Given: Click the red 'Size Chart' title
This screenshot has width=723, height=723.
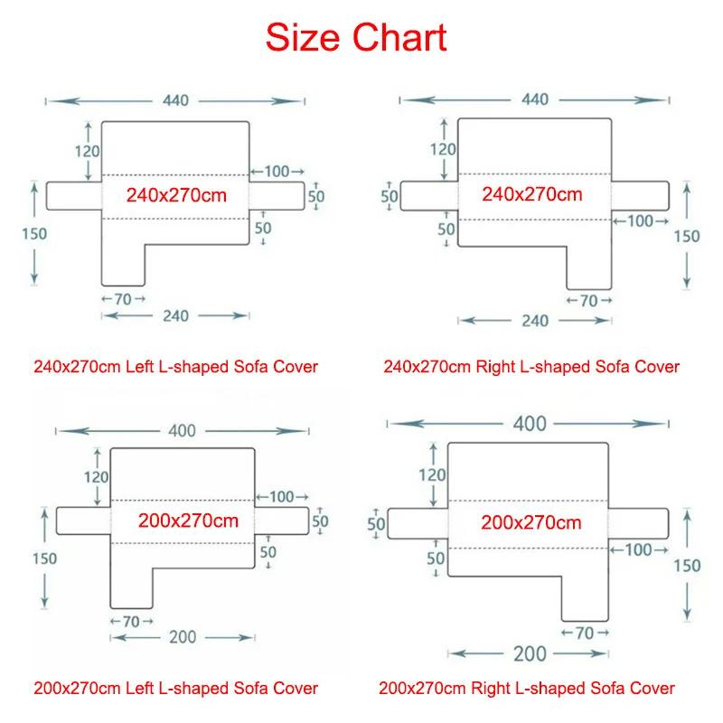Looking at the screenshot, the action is pyautogui.click(x=356, y=38).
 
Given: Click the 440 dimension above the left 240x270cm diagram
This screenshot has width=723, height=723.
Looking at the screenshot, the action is pyautogui.click(x=175, y=100).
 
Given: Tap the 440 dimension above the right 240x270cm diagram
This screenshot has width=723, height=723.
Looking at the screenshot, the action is pyautogui.click(x=535, y=99).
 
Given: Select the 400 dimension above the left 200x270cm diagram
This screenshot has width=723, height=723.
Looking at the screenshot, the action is pyautogui.click(x=183, y=431).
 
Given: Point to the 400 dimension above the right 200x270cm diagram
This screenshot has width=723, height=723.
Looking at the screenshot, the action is pyautogui.click(x=530, y=423).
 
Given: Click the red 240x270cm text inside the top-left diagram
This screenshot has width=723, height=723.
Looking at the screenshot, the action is pyautogui.click(x=176, y=195).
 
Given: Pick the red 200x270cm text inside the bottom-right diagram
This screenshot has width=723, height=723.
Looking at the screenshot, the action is pyautogui.click(x=531, y=522).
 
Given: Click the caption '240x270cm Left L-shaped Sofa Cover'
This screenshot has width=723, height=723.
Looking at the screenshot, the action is pyautogui.click(x=175, y=367).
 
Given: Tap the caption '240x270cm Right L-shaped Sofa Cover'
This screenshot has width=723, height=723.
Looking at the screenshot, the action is pyautogui.click(x=531, y=367).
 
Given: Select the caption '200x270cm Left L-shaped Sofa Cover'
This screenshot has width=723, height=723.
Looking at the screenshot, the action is pyautogui.click(x=175, y=688).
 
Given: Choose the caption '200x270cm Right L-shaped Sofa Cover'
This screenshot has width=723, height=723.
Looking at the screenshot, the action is pyautogui.click(x=527, y=688).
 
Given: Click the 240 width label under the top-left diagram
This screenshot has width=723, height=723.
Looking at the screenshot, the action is pyautogui.click(x=175, y=315).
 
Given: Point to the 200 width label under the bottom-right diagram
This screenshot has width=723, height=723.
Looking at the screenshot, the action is pyautogui.click(x=530, y=653).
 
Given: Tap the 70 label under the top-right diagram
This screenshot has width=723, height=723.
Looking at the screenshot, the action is pyautogui.click(x=589, y=301).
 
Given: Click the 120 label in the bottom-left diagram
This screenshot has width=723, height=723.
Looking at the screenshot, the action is pyautogui.click(x=97, y=477).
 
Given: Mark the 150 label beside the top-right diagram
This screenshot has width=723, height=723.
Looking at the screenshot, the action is pyautogui.click(x=687, y=236).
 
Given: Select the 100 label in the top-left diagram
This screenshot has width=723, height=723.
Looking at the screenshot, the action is pyautogui.click(x=277, y=172).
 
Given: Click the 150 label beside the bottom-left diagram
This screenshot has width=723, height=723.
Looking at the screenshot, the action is pyautogui.click(x=44, y=559).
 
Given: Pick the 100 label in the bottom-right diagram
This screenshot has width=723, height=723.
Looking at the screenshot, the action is pyautogui.click(x=639, y=549).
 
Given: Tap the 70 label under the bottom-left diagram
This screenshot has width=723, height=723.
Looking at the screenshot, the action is pyautogui.click(x=131, y=622).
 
